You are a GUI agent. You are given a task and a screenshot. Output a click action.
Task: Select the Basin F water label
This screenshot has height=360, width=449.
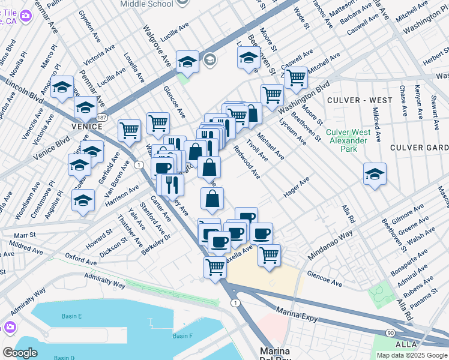pyautogui.click(x=182, y=335)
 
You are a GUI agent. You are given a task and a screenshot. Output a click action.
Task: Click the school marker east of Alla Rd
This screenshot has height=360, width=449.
pyautogui.click(x=375, y=174)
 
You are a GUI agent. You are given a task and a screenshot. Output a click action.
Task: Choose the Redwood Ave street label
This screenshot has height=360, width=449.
pyautogui.click(x=247, y=162)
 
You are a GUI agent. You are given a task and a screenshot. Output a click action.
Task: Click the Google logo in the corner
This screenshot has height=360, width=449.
pyautogui.click(x=20, y=353)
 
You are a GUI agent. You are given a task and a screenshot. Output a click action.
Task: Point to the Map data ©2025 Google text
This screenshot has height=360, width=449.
pyautogui.click(x=412, y=355)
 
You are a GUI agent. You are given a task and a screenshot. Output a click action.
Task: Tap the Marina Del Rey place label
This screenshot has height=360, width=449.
pyautogui.click(x=275, y=353)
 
